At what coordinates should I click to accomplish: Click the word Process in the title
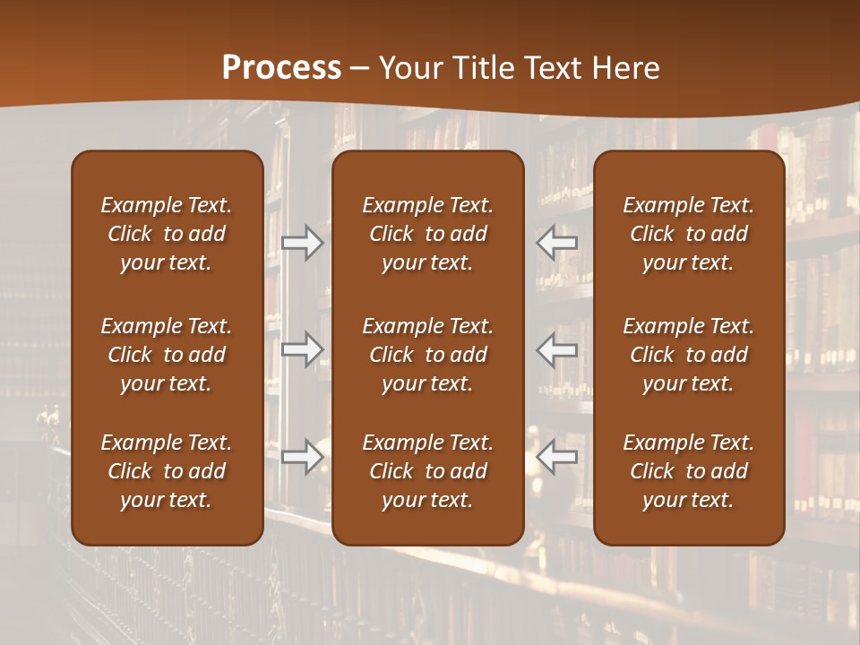pyautogui.click(x=281, y=67)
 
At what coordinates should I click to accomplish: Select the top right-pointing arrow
pyautogui.click(x=302, y=243)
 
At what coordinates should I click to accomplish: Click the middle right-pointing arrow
pyautogui.click(x=302, y=349)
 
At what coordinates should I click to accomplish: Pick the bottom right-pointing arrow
pyautogui.click(x=302, y=457)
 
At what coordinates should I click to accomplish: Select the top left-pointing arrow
pyautogui.click(x=557, y=243)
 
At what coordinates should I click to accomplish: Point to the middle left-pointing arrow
pyautogui.click(x=557, y=349)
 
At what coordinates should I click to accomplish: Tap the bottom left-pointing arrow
pyautogui.click(x=557, y=457)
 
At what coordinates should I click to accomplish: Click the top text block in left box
pyautogui.click(x=167, y=234)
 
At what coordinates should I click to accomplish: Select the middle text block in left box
pyautogui.click(x=167, y=355)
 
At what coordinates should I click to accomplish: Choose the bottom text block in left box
pyautogui.click(x=167, y=471)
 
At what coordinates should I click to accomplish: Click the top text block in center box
pyautogui.click(x=428, y=234)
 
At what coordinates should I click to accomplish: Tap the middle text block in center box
pyautogui.click(x=428, y=355)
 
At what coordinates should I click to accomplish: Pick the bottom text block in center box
pyautogui.click(x=428, y=471)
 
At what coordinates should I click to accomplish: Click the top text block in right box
pyautogui.click(x=689, y=234)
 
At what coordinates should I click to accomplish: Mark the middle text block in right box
pyautogui.click(x=689, y=355)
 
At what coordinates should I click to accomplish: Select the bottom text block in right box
pyautogui.click(x=689, y=471)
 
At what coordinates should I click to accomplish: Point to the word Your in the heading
pyautogui.click(x=408, y=67)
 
